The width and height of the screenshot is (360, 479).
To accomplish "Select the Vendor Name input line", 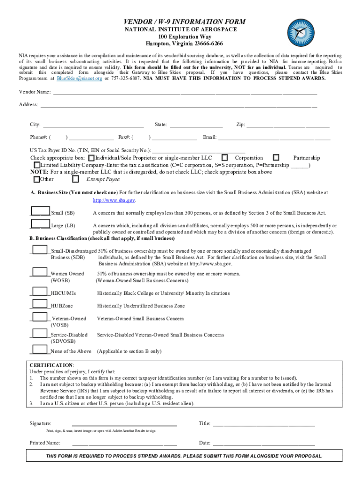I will (185, 93).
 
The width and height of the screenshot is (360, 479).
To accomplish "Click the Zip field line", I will (288, 125).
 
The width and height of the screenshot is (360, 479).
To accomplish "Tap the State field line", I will (196, 125).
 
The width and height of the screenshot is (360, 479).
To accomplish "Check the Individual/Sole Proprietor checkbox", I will (91, 158).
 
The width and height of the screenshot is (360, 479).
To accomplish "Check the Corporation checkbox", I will (225, 158).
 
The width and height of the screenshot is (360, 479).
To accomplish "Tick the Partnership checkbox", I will (276, 158).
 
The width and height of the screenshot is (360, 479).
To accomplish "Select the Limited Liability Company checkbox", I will (37, 165).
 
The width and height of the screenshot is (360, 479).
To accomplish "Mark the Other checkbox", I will (37, 179).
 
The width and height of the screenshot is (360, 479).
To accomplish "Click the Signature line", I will (124, 424).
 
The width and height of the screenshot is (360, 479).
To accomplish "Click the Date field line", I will (264, 443).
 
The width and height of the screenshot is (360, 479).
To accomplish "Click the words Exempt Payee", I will (103, 179).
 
